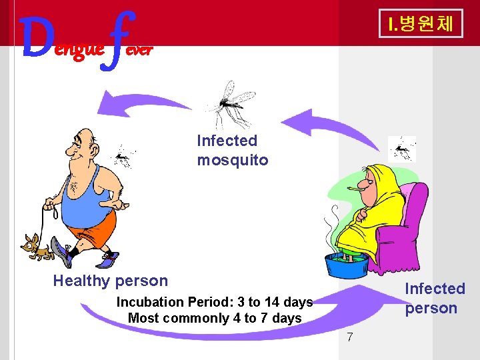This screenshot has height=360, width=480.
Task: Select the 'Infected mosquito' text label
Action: tap(232, 150)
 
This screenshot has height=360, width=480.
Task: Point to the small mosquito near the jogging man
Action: tap(121, 157)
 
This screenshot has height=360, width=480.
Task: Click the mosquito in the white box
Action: tap(402, 148)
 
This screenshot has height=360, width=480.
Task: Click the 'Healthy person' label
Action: tap(110, 281)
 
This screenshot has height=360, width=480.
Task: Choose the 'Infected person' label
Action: tap(435, 298)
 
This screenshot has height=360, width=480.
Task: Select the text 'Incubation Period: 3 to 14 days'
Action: tap(214, 302)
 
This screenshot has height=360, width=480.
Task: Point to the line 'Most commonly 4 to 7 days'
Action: tap(214, 318)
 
